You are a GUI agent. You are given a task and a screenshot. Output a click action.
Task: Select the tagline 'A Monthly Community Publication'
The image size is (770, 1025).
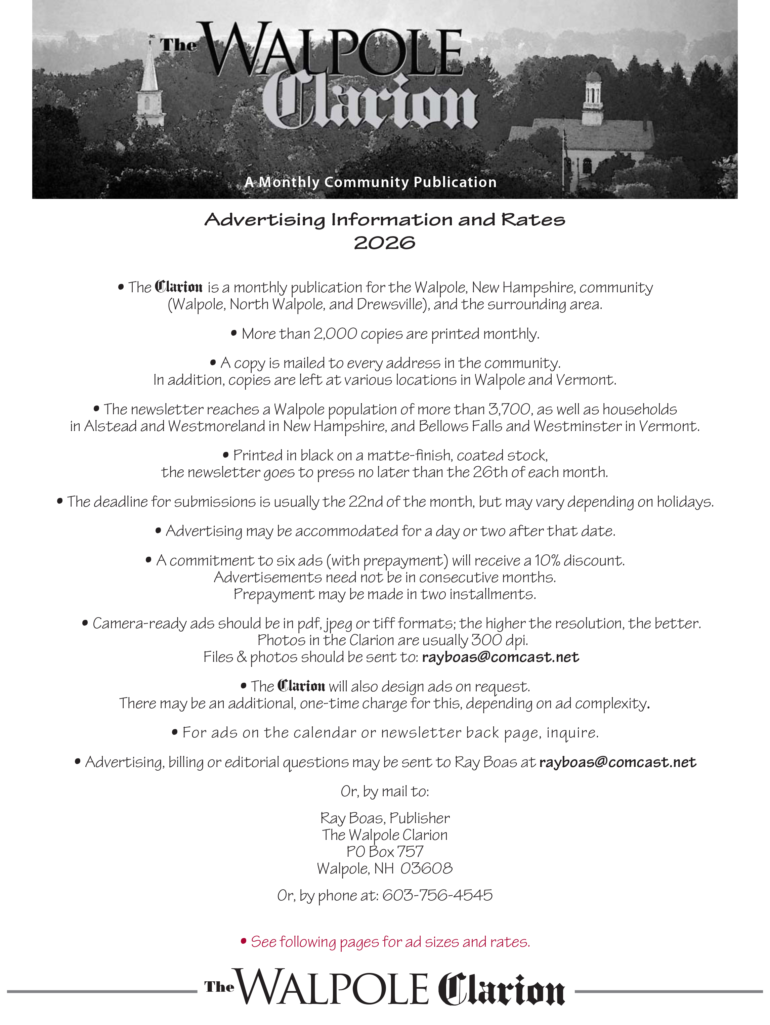tap(371, 182)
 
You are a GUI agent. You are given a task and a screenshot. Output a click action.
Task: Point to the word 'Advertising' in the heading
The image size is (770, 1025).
tap(265, 220)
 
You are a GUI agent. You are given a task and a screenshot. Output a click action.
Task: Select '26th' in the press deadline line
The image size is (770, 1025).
tap(490, 472)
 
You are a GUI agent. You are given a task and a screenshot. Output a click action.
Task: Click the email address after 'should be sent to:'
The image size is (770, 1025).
tap(500, 657)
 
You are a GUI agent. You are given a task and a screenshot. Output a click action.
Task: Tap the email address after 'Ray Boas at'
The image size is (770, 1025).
tap(617, 762)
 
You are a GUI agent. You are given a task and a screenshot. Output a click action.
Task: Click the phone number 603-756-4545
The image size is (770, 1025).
tap(437, 895)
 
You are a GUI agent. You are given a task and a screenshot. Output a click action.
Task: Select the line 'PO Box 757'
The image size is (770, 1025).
tap(385, 851)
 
